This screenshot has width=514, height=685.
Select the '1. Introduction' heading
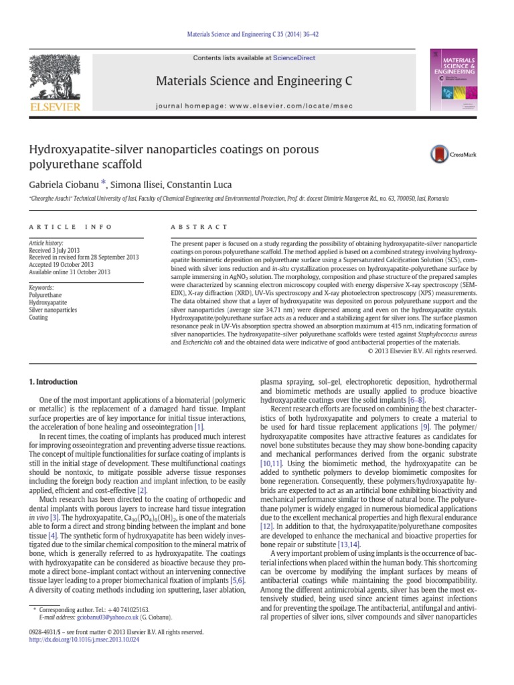click(x=55, y=382)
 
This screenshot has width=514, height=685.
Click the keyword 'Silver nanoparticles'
click(x=53, y=310)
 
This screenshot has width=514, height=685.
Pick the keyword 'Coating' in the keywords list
click(x=39, y=318)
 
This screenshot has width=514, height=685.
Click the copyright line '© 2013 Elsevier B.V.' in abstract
click(x=422, y=350)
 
